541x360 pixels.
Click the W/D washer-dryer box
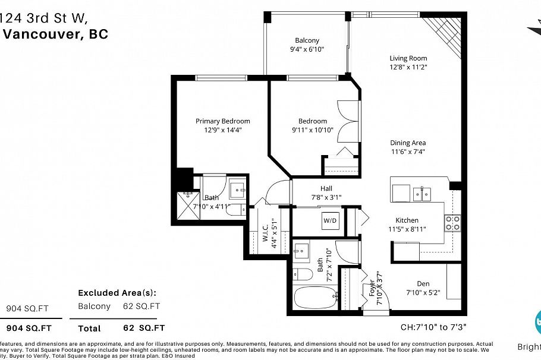[x=330, y=221]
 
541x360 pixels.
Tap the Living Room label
[x=408, y=58]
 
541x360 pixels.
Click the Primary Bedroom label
[x=223, y=121]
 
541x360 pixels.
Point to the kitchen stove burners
[x=452, y=223]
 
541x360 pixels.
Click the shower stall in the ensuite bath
[x=189, y=206]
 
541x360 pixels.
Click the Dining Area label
[x=408, y=143]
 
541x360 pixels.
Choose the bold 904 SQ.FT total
[x=29, y=328]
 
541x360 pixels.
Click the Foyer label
[x=373, y=288]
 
